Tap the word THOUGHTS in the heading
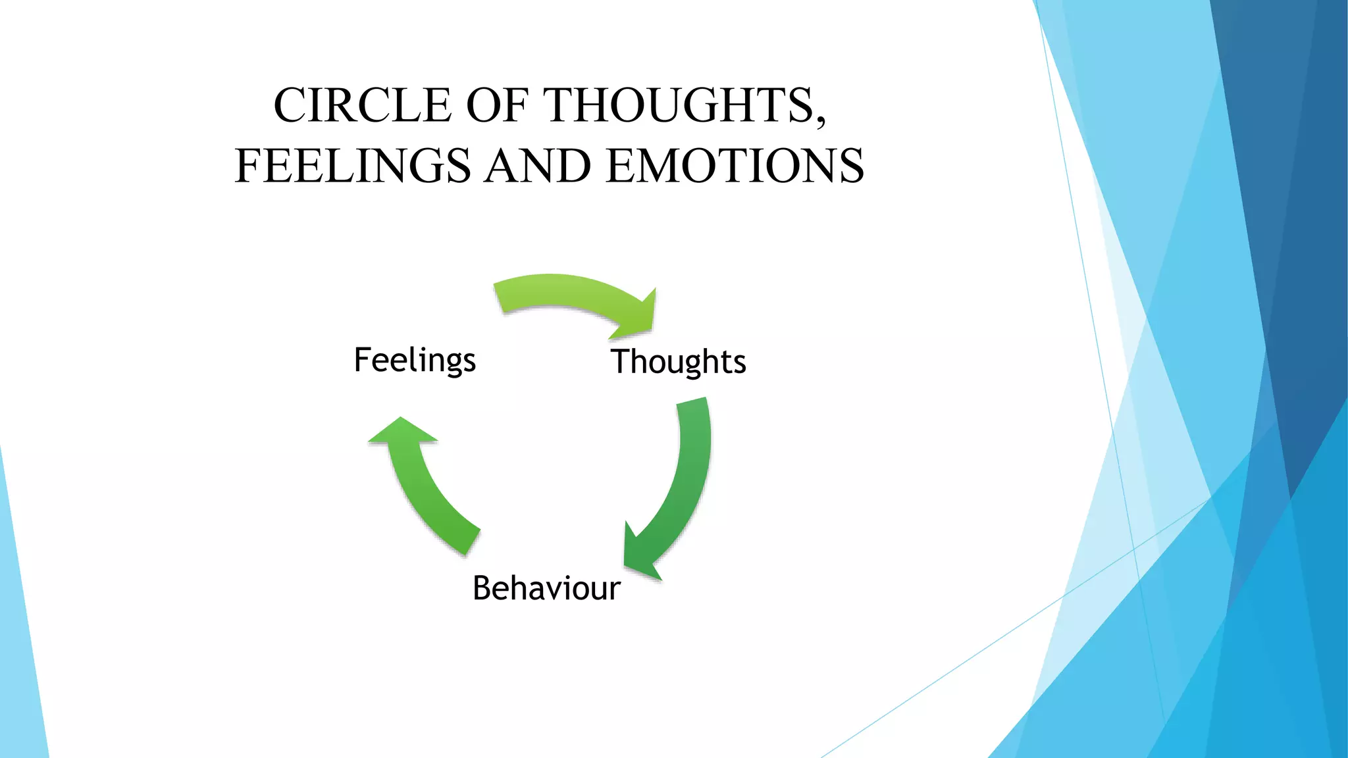point(678,105)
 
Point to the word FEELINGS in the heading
point(353,166)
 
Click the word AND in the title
point(538,166)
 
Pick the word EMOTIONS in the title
point(735,166)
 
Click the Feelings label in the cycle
point(415,361)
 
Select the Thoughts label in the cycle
point(679,362)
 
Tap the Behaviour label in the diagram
point(546,588)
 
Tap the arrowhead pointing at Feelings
point(402,431)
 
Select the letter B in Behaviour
point(482,588)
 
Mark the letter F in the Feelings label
point(363,359)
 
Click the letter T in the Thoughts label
point(620,361)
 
